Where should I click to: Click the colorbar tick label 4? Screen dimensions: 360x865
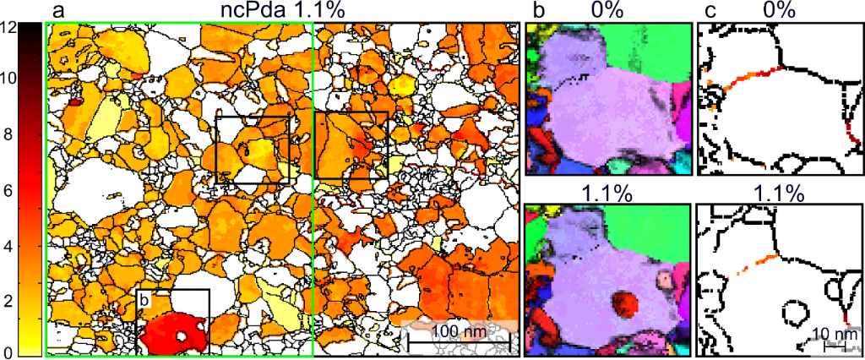tap(7, 248)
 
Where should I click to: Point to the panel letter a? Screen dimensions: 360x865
tap(59, 11)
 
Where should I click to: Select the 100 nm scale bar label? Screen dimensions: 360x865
tap(459, 331)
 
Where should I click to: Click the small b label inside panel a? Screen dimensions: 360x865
tap(144, 299)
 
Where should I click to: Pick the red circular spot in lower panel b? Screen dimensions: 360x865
tap(626, 304)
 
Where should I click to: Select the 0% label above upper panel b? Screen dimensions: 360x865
tap(607, 11)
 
